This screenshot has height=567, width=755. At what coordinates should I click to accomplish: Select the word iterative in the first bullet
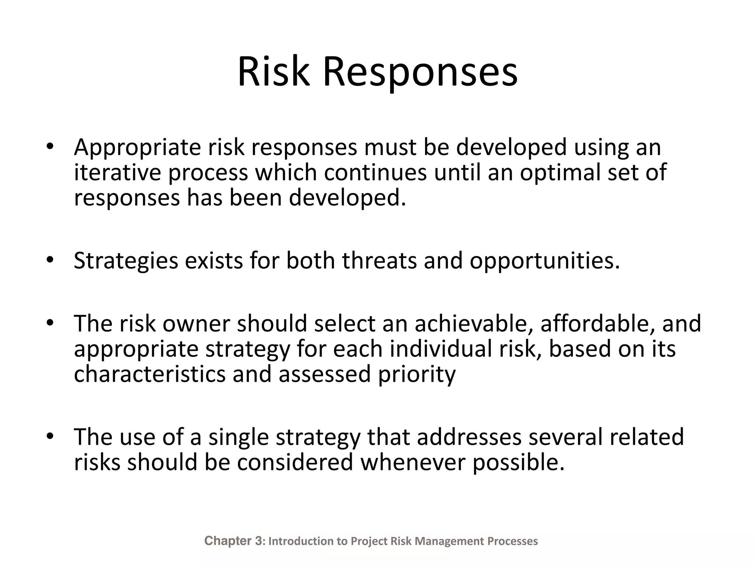tap(117, 172)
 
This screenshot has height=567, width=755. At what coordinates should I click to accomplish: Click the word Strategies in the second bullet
tap(125, 261)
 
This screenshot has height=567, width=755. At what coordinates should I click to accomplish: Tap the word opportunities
tap(544, 261)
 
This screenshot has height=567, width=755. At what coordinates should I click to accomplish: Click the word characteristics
tap(149, 374)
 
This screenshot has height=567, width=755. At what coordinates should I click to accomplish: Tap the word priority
tap(417, 374)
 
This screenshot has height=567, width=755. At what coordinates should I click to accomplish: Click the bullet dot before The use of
tap(50, 436)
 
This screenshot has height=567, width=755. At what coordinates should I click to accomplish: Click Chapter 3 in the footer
tap(233, 541)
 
